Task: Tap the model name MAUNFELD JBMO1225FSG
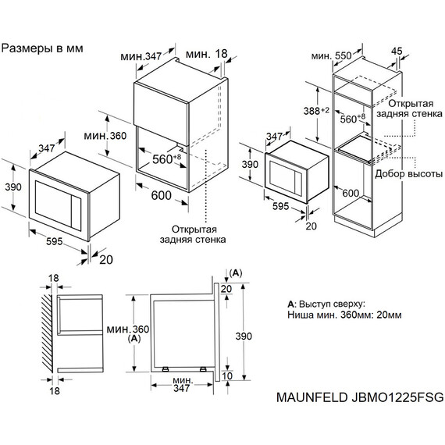pyautogui.click(x=360, y=397)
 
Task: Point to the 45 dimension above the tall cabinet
pyautogui.click(x=396, y=52)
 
